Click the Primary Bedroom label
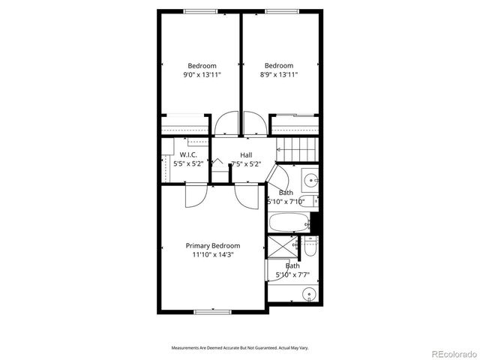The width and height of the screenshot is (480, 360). tap(213, 246)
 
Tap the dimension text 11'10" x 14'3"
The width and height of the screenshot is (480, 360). tap(213, 255)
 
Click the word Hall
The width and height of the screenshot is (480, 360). tap(246, 154)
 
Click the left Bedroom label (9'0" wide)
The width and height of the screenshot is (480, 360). tap(202, 66)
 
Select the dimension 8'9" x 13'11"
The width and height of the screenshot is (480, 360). tap(279, 75)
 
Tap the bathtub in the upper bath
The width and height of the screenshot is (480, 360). tap(288, 222)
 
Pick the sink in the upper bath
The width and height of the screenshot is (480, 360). tap(311, 180)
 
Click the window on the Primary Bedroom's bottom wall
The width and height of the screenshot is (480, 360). tap(213, 311)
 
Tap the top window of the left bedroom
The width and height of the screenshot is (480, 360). tap(199, 11)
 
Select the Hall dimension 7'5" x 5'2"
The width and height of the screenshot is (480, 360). tap(246, 163)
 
